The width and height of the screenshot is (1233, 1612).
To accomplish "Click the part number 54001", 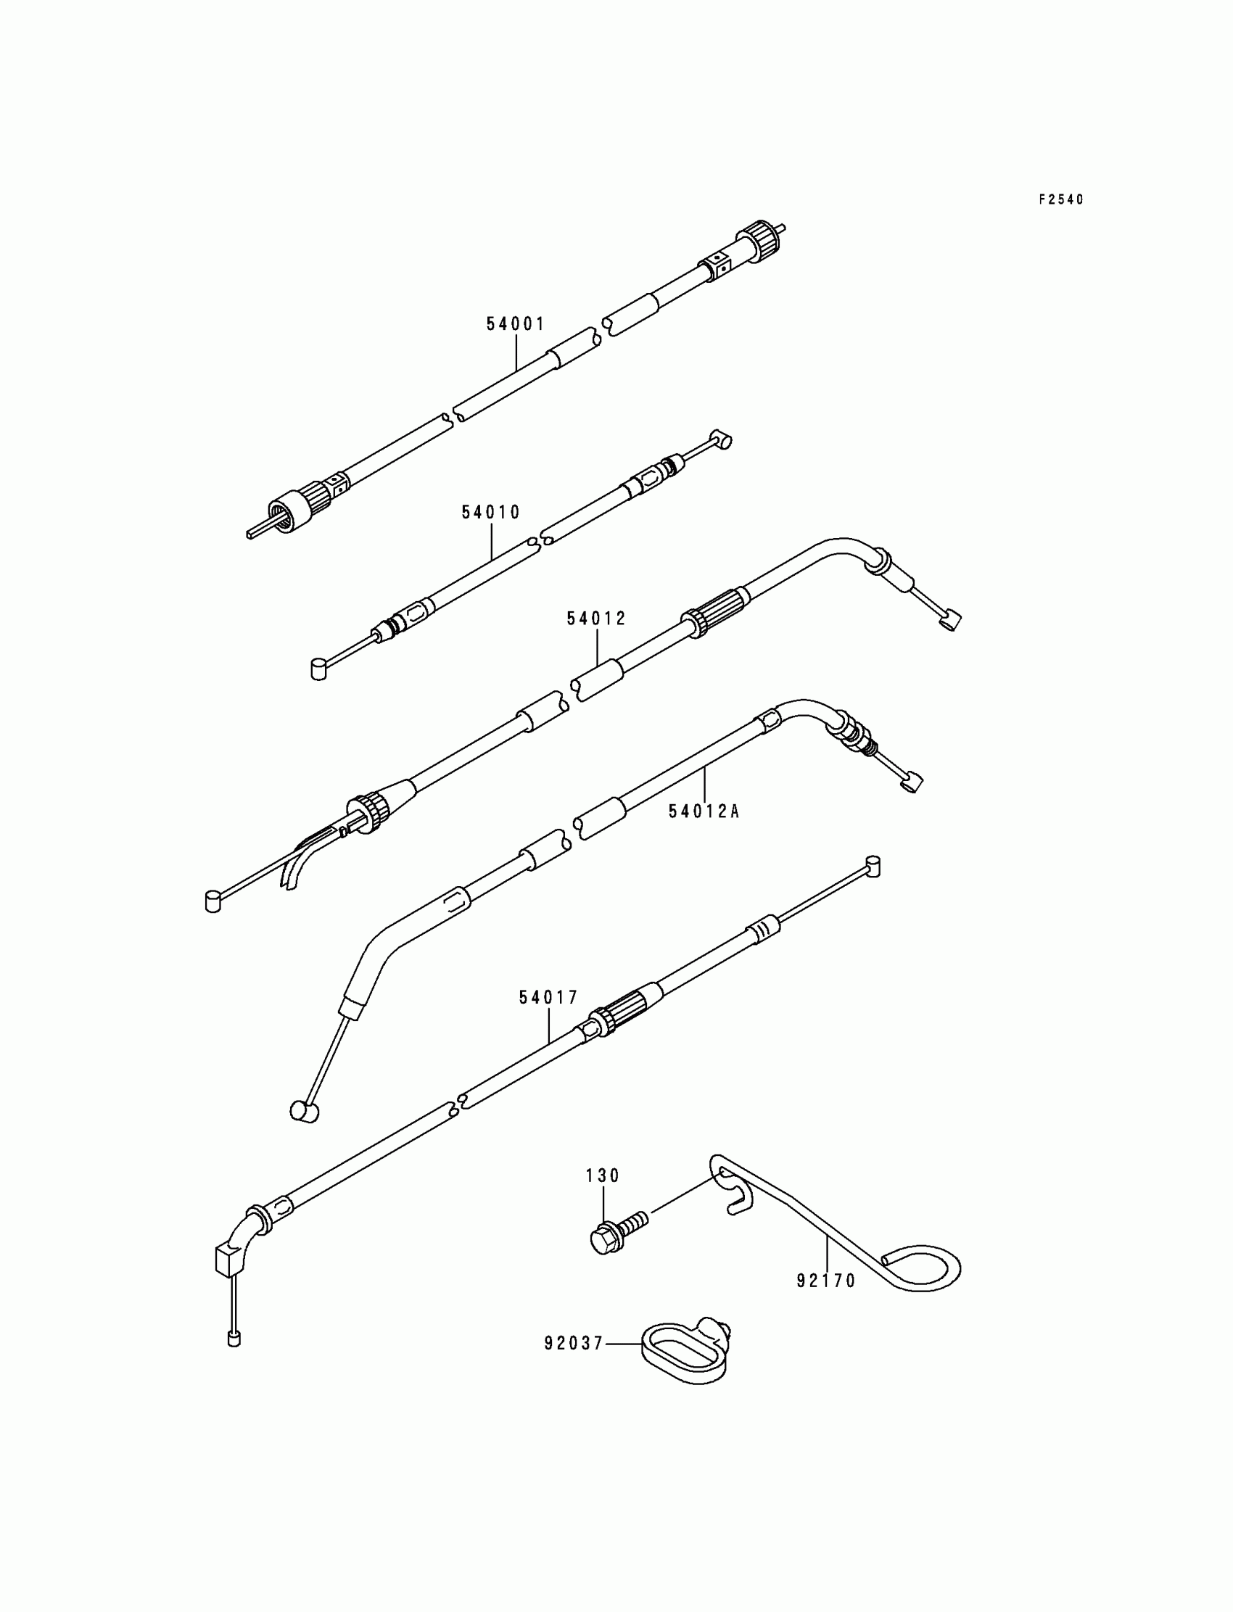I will pos(515,323).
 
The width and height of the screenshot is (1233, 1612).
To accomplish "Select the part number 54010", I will pos(490,512).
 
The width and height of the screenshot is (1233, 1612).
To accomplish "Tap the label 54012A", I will pos(703,811).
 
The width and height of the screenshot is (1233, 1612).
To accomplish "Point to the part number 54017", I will pos(548,998).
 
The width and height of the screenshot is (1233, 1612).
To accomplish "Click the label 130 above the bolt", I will pos(603,1175).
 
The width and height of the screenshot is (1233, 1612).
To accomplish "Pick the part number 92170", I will pos(826,1281).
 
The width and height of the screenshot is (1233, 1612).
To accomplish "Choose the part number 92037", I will pos(573,1344).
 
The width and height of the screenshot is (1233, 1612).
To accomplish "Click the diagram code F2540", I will pos(1060,199).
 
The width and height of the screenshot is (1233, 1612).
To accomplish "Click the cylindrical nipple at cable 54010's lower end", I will pos(318,670).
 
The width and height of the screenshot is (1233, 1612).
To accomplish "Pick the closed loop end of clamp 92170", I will pos(926,1267).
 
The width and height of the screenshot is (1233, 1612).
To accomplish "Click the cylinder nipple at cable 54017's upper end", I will pos(873,866).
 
